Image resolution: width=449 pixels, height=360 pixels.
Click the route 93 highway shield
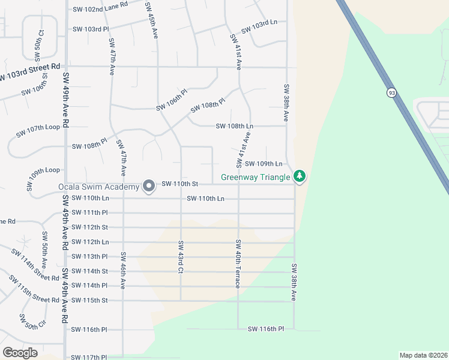pos(392,93)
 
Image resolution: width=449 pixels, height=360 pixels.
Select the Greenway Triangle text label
pos(256,177)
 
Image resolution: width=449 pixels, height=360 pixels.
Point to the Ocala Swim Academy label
pos(99,187)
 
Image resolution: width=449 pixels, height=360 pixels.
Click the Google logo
pos(20,352)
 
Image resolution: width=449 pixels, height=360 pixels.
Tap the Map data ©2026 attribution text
pos(423,355)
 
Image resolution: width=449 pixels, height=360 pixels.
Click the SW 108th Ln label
pos(235,127)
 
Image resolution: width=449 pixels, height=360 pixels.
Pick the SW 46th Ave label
pos(123,271)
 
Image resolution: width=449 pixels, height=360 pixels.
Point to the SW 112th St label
pos(89,227)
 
